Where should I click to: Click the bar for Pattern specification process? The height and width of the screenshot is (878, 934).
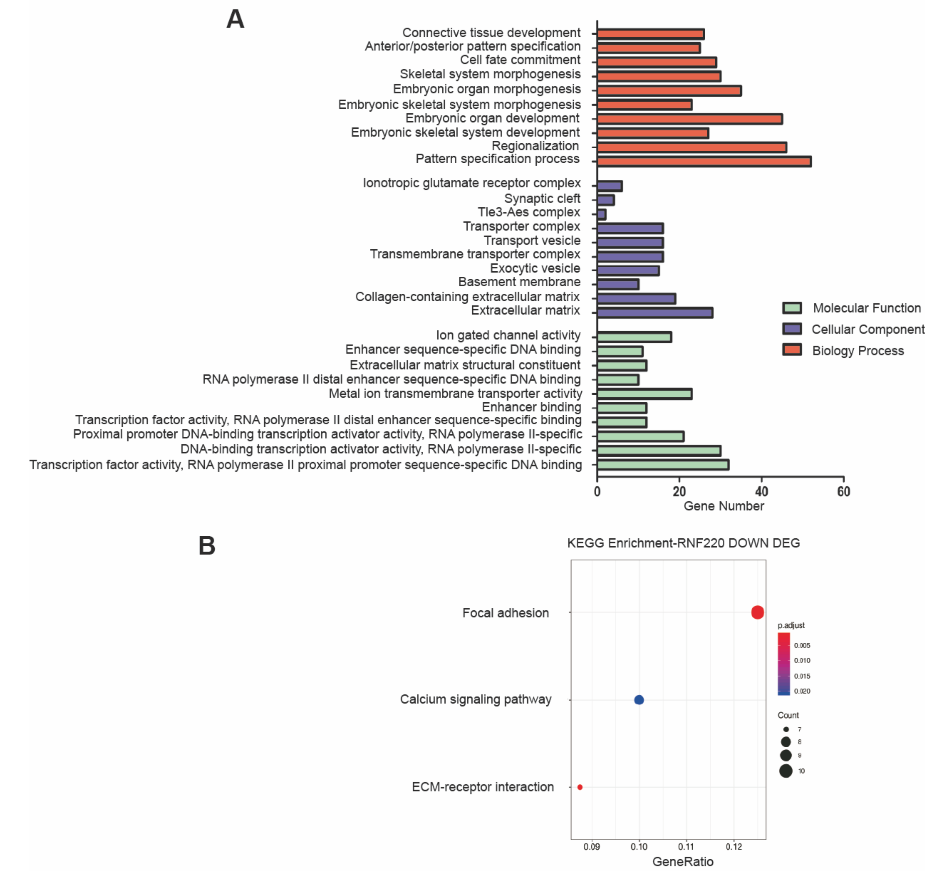[x=704, y=161]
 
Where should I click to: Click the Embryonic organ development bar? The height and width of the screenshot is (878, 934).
[x=690, y=119]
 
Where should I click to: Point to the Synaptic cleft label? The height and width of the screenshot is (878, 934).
[x=542, y=199]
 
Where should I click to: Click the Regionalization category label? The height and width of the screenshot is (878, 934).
[x=535, y=146]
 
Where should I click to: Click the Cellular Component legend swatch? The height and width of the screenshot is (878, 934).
[x=792, y=329]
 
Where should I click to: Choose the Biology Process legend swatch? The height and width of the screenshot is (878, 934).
[x=792, y=350]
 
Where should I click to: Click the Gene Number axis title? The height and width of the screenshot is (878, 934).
[x=724, y=506]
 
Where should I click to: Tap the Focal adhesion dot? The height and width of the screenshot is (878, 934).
[x=757, y=612]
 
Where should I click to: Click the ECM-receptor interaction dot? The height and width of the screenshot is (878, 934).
[x=580, y=787]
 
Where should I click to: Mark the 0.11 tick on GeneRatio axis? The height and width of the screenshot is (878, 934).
[x=686, y=847]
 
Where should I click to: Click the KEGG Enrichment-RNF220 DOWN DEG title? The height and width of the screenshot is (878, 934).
[x=684, y=543]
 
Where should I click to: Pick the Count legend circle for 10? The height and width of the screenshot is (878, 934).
[x=786, y=771]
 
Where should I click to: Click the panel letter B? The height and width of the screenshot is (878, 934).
[x=207, y=546]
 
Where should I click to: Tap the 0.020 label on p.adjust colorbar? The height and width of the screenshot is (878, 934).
[x=802, y=691]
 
